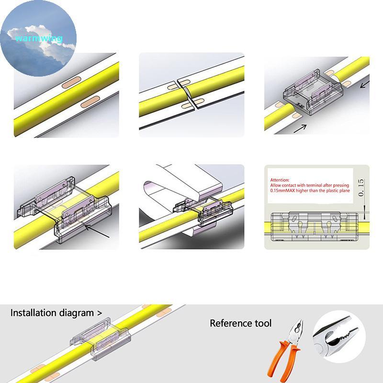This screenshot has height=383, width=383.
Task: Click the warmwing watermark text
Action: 38,38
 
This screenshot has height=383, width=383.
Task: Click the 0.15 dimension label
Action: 360,189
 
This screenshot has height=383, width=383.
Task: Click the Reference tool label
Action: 240,323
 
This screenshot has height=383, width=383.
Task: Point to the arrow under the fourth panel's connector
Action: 98,233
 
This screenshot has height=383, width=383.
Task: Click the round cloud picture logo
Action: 38,38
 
